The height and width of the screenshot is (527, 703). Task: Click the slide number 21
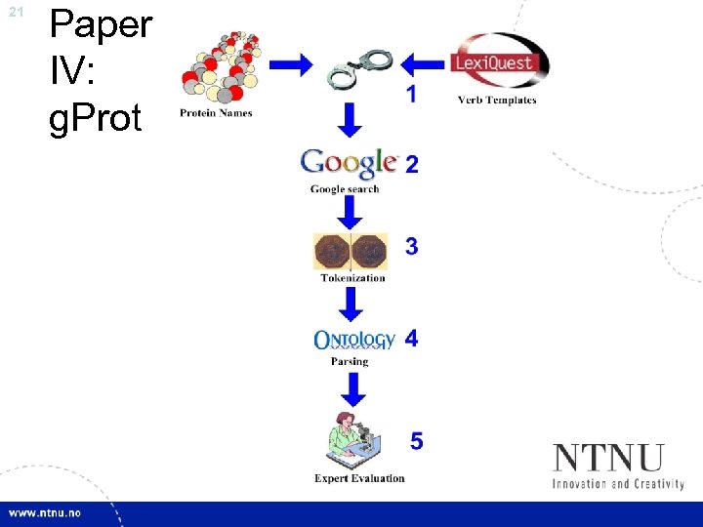15,12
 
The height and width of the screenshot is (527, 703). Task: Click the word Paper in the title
101,23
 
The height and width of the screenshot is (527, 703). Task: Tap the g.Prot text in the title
95,117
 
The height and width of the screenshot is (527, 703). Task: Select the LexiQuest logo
499,61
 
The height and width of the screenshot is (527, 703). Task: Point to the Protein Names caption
216,113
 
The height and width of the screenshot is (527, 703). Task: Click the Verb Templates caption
497,100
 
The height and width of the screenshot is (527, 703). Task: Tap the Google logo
349,162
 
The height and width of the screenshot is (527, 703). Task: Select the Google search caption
345,188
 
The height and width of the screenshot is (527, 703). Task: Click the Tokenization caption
352,278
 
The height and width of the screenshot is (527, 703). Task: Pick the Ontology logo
353,340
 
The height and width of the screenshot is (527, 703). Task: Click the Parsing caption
350,361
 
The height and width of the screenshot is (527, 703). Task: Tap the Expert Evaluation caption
359,478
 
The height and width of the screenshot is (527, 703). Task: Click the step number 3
412,247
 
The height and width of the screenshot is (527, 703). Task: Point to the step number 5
417,442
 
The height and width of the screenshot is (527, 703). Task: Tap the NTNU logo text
609,458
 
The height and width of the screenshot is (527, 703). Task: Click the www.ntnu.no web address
45,513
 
